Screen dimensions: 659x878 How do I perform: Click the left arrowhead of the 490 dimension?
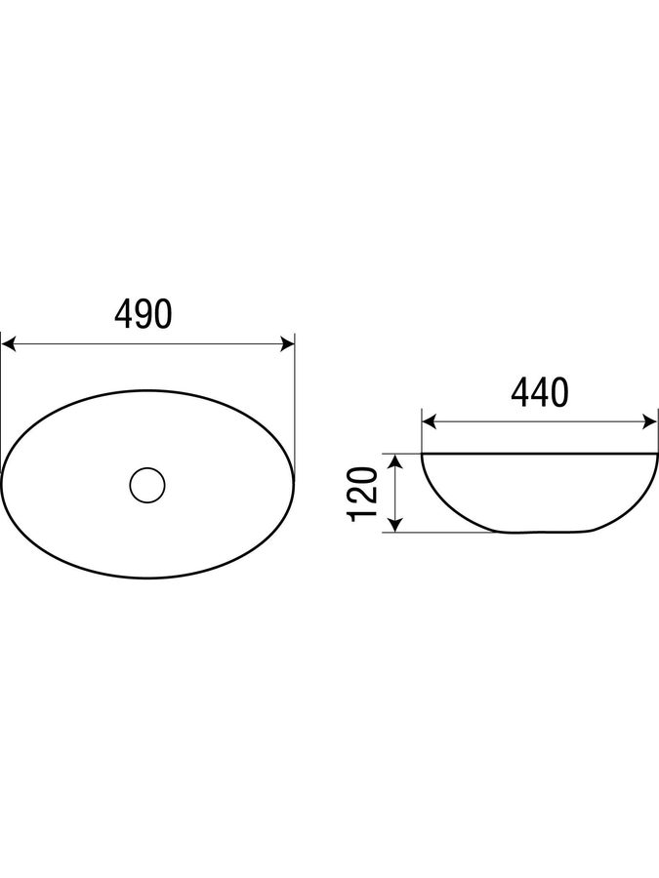tap(8, 344)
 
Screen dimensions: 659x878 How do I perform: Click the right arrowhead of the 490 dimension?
tap(287, 344)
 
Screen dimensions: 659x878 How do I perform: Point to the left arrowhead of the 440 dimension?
tap(429, 422)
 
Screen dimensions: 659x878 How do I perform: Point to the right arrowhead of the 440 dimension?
tap(650, 422)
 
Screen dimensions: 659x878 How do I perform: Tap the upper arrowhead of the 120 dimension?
tap(395, 462)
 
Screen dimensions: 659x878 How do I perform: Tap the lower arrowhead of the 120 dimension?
tap(395, 524)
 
